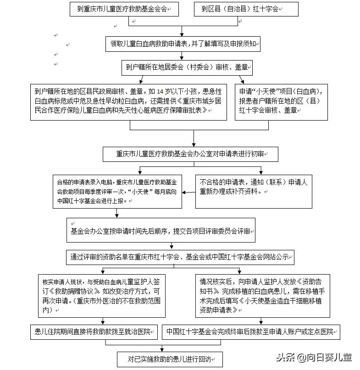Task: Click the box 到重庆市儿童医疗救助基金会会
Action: [124, 9]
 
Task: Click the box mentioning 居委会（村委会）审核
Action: [187, 67]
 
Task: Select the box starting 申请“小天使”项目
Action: [281, 101]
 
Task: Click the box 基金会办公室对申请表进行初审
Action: [190, 154]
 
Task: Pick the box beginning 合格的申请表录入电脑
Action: [117, 191]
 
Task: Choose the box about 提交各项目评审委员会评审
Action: [161, 232]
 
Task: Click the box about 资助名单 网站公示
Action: [179, 257]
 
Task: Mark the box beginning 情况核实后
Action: [262, 296]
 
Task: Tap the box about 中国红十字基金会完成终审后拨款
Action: [251, 331]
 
